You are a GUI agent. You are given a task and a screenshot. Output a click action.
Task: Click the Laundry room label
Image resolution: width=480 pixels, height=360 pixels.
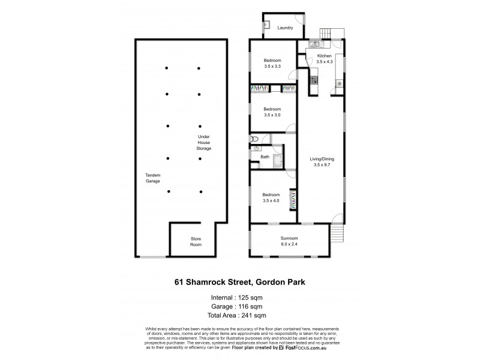click(x=284, y=28)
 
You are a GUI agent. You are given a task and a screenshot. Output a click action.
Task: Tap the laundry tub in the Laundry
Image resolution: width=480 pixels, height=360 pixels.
click(x=266, y=27)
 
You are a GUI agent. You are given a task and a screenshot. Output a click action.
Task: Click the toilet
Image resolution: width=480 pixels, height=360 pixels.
click(x=255, y=147)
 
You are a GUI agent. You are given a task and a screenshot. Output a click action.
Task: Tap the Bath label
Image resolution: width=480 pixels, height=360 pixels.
click(x=265, y=157)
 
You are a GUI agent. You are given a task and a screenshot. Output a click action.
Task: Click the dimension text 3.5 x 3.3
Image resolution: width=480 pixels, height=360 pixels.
click(x=272, y=67)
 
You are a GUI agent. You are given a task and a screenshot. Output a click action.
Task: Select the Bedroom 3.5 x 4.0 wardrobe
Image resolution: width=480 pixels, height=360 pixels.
click(x=293, y=199)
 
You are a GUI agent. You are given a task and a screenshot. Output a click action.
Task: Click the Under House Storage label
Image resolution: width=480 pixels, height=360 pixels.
click(x=205, y=142)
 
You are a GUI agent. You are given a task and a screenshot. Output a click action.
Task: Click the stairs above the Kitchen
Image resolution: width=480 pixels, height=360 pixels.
click(x=328, y=32)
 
